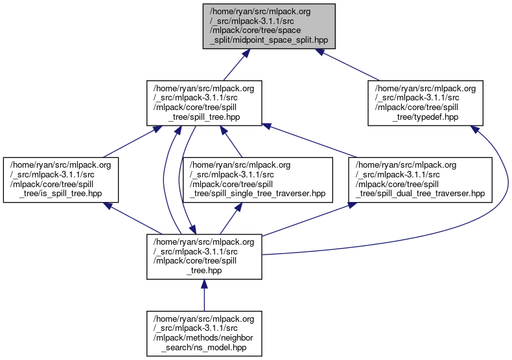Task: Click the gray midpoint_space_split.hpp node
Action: [x=269, y=25]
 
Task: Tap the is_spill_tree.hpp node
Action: [x=60, y=179]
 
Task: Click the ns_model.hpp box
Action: [x=204, y=333]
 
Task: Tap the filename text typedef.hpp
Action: [x=435, y=117]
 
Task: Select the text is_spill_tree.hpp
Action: [x=68, y=194]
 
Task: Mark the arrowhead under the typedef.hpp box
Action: [x=475, y=130]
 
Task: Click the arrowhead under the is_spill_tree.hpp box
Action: [x=108, y=207]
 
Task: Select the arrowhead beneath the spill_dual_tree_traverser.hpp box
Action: [x=353, y=206]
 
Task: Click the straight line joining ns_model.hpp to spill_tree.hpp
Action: [x=204, y=298]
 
